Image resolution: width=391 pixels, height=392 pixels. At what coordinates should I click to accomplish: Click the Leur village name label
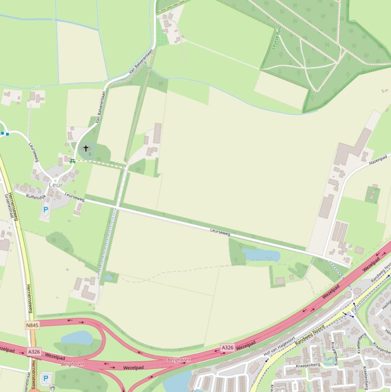point(55,185)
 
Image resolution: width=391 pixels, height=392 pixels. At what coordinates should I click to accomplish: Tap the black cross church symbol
point(86,149)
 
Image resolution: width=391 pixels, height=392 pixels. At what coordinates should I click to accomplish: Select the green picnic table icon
point(73,161)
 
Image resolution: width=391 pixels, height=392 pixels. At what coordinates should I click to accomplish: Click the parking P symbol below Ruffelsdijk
point(45,210)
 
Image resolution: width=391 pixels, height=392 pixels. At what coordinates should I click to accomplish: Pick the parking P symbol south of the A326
point(46,378)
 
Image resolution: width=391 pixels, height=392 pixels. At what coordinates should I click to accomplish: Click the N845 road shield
point(32,325)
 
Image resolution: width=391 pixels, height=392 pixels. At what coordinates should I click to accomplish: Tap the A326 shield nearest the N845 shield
point(34,352)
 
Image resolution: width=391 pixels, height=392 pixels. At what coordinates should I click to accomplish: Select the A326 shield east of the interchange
point(227,347)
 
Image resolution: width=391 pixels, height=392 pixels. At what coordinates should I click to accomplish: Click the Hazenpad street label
point(378,160)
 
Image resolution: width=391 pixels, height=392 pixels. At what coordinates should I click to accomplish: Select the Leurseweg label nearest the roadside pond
point(220,232)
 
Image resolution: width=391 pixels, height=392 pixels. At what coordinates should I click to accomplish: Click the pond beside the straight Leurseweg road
point(260,254)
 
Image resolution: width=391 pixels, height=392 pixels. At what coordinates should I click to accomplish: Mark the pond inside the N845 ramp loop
point(77,338)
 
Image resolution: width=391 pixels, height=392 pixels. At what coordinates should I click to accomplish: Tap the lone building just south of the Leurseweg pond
point(280,281)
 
